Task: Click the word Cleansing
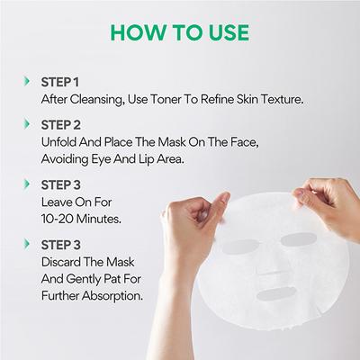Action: pyautogui.click(x=88, y=99)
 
